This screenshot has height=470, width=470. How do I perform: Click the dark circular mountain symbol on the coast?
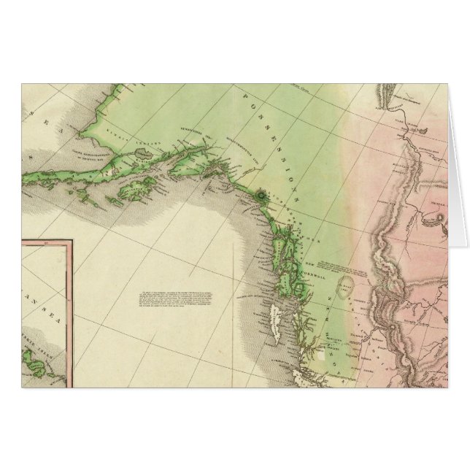(x=261, y=195)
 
